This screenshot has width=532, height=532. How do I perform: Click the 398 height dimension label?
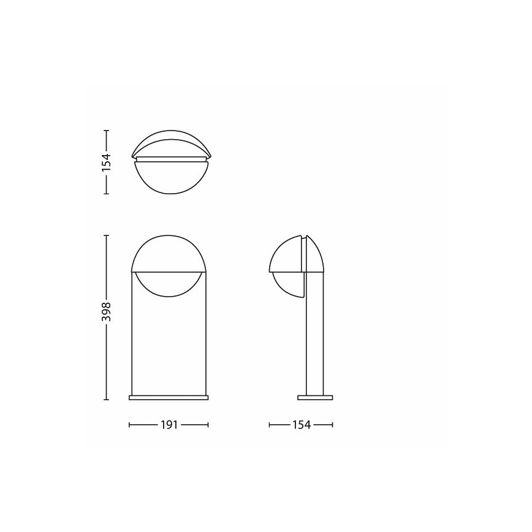click(107, 313)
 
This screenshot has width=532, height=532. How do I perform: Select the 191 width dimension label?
click(169, 424)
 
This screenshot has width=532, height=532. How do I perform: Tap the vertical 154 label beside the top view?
click(107, 161)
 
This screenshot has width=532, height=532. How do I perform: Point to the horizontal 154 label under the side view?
click(302, 424)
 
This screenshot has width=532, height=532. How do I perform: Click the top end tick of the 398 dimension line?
click(107, 235)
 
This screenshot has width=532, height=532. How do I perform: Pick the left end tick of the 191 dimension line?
click(129, 424)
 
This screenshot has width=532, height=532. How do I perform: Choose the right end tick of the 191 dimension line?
click(208, 424)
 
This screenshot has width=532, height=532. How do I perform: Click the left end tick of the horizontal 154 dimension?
click(270, 424)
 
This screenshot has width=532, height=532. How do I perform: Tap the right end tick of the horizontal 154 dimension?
click(333, 424)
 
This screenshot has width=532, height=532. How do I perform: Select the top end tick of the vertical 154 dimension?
click(107, 130)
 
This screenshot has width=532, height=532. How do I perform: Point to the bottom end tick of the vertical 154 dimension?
click(107, 193)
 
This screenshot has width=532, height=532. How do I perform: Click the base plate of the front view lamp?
click(169, 397)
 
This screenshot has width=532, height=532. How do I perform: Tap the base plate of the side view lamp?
click(315, 397)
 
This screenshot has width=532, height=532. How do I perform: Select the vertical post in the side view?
click(314, 343)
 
